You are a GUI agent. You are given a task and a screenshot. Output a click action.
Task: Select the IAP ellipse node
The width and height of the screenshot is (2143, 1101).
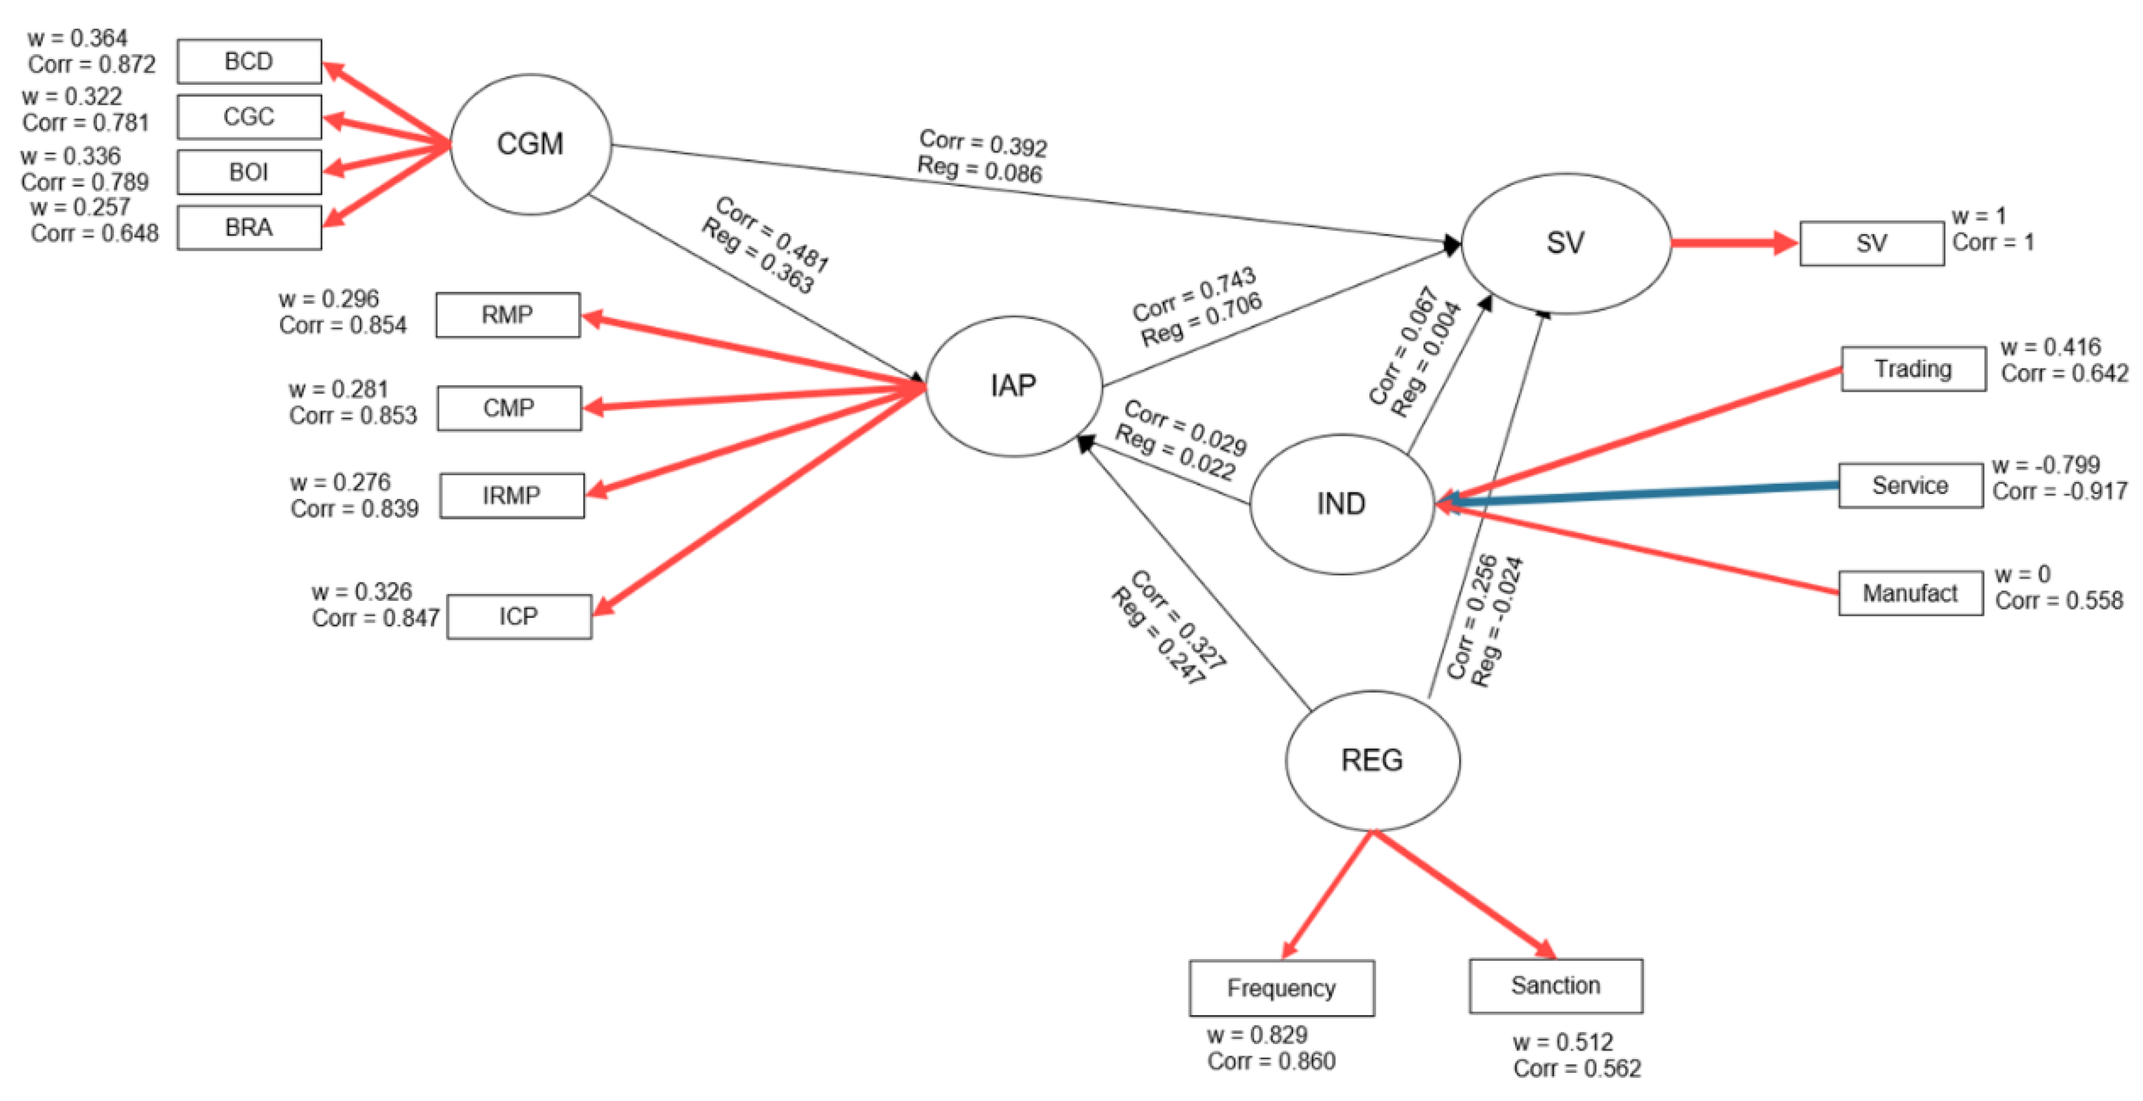click(1013, 385)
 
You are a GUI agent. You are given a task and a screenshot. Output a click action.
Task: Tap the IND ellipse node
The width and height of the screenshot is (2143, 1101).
click(1341, 503)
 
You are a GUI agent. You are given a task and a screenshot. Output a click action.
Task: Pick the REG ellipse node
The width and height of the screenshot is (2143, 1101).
click(1372, 760)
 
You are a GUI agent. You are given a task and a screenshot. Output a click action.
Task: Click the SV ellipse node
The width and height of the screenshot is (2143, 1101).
click(1565, 243)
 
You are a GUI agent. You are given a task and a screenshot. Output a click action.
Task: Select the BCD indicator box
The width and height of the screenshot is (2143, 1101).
click(249, 62)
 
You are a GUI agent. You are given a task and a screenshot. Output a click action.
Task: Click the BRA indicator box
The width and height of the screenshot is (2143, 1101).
click(249, 227)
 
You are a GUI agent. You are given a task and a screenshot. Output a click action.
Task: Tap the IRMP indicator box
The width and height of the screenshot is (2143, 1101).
click(512, 495)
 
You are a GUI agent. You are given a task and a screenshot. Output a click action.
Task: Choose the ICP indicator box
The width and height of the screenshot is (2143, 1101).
click(518, 617)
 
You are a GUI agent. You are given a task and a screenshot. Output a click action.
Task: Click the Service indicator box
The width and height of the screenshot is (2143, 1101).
click(1910, 485)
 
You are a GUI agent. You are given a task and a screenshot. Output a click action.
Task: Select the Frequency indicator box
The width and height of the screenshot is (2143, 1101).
click(1281, 988)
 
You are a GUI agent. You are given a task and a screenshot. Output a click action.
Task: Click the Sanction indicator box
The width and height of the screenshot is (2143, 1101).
click(1555, 985)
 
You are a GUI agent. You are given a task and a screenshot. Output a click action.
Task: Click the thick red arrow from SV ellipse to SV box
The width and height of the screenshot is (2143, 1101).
click(1730, 243)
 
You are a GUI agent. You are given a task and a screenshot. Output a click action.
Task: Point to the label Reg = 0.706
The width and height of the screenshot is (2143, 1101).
click(1201, 320)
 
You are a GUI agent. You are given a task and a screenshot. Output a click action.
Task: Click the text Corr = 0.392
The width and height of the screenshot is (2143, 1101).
click(982, 143)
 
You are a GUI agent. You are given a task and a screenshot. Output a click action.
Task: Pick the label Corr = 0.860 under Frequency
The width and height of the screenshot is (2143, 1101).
click(1271, 1061)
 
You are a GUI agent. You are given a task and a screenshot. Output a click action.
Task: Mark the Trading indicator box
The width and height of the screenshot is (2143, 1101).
click(1913, 369)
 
